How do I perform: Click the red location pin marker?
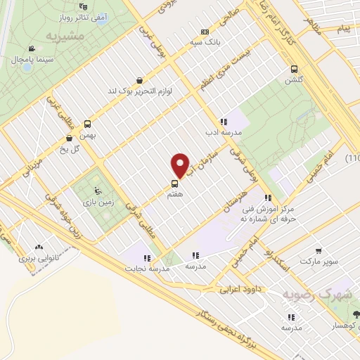(x=181, y=165)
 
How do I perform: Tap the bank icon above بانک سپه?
(x=205, y=31)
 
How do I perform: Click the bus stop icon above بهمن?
(x=87, y=122)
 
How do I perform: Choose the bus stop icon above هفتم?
(x=174, y=184)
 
